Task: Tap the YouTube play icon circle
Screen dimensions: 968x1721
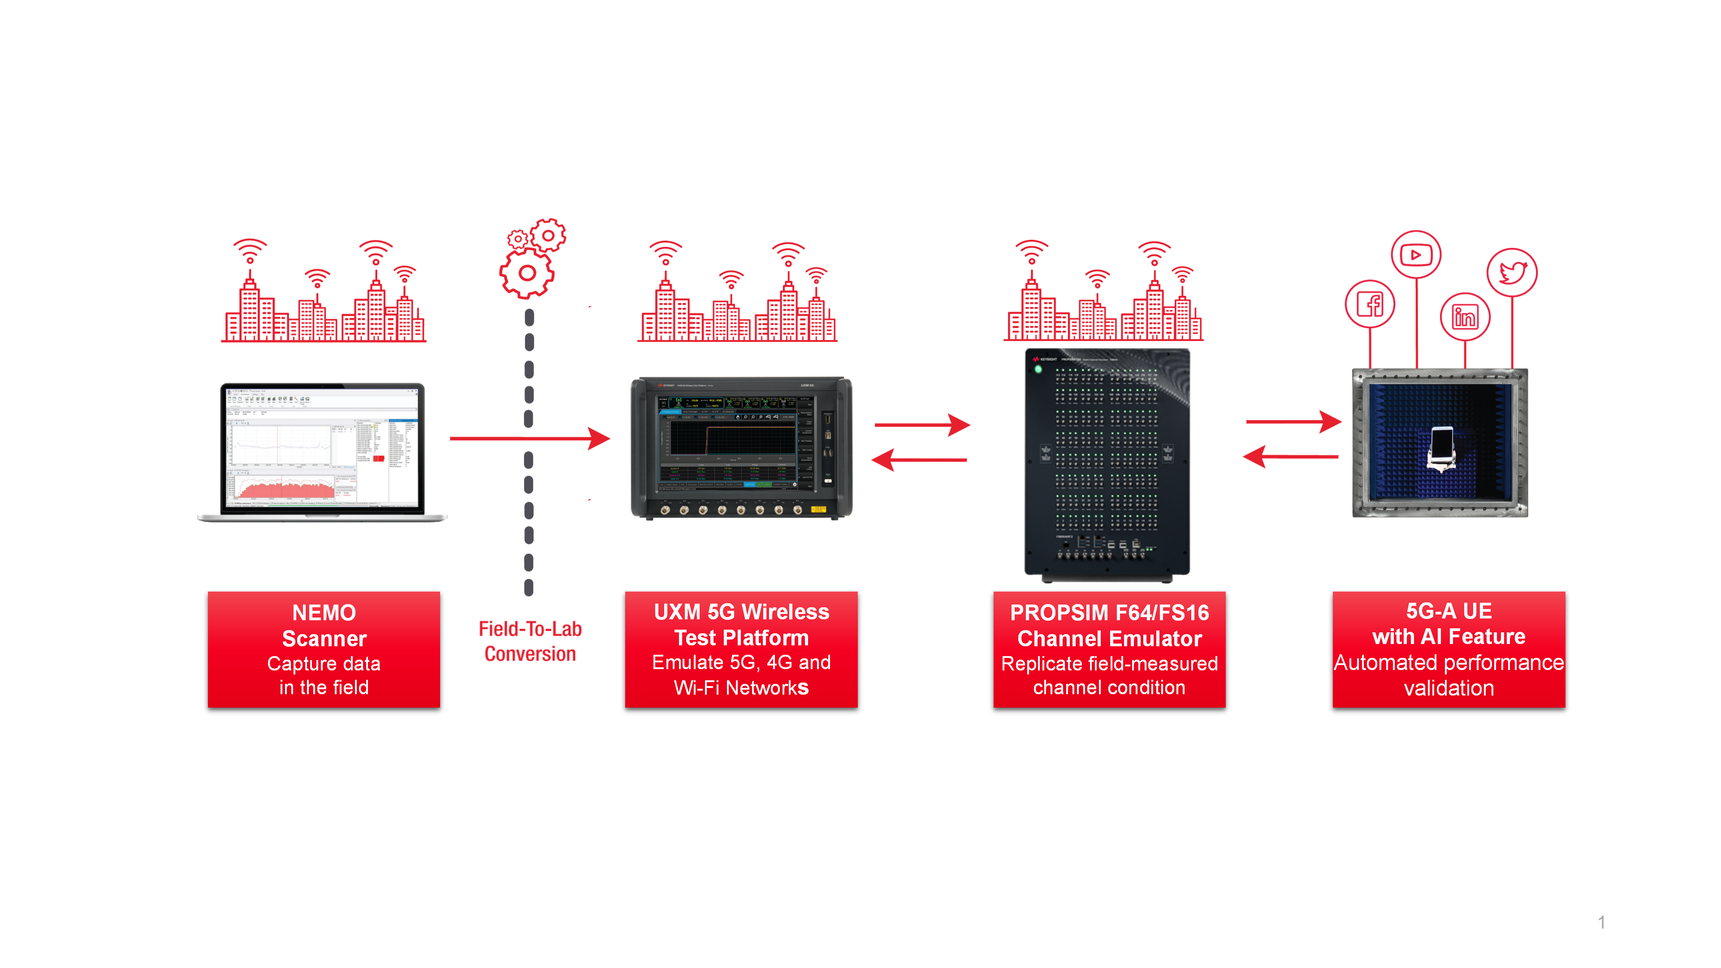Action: click(x=1416, y=255)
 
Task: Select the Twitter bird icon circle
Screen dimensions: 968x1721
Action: click(x=1512, y=272)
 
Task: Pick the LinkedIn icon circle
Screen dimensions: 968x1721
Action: click(x=1465, y=317)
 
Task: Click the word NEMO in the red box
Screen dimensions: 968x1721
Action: click(x=324, y=613)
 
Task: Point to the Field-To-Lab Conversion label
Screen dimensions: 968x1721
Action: click(x=530, y=641)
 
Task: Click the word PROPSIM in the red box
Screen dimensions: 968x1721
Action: click(x=1051, y=613)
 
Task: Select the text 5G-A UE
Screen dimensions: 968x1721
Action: click(x=1449, y=610)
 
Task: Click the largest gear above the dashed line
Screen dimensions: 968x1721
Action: click(x=527, y=272)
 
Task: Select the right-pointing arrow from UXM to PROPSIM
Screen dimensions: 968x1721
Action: click(x=922, y=424)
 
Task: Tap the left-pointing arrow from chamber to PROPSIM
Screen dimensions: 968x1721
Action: click(x=1291, y=457)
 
